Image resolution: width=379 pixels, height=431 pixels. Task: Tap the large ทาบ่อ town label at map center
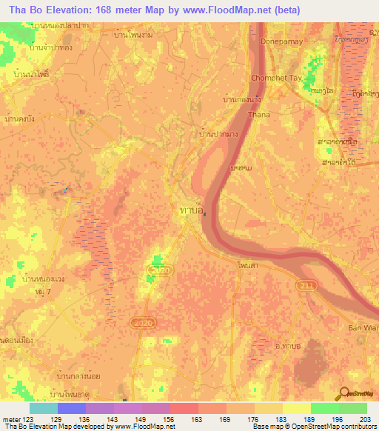coord(192,211)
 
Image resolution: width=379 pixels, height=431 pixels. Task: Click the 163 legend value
coord(199,418)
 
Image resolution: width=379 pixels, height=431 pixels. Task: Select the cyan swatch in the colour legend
coord(44,408)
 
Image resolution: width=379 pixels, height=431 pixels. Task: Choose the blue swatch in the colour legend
coord(72,408)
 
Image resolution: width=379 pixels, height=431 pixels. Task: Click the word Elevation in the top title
coord(62,10)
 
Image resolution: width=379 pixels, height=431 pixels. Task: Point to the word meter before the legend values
coord(10,418)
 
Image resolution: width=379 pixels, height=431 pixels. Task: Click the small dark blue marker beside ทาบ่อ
coord(204,216)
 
